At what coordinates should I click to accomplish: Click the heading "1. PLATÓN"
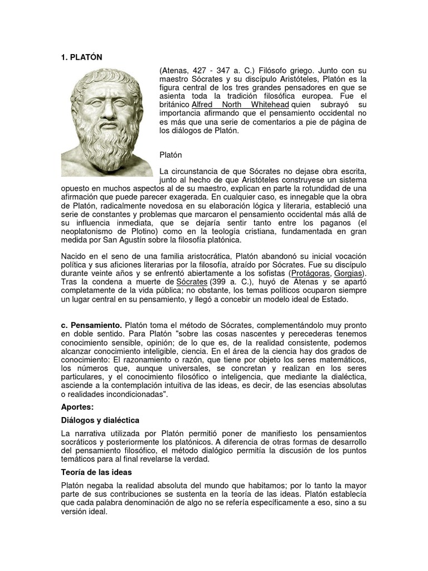coord(81,57)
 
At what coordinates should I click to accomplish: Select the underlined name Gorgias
coord(349,273)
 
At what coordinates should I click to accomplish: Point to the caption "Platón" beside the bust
coord(171,154)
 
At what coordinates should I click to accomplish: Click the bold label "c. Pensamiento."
coord(91,325)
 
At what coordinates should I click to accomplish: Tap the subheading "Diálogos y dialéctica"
coord(100,419)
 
